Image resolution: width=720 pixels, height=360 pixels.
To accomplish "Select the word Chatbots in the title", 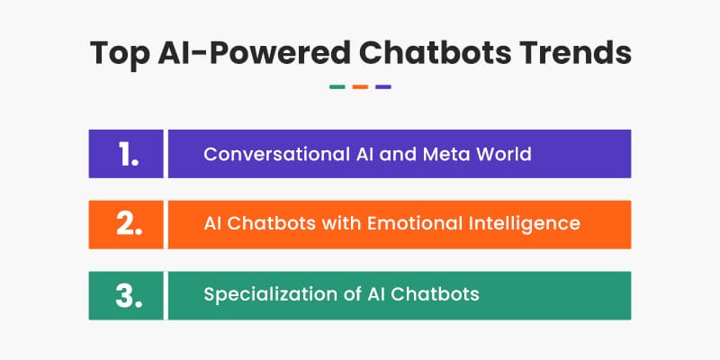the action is tap(435, 53).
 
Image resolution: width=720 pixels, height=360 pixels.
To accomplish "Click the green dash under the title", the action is tap(337, 86).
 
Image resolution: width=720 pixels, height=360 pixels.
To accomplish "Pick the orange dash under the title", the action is tap(360, 86).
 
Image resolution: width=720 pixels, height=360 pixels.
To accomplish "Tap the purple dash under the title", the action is tap(383, 86).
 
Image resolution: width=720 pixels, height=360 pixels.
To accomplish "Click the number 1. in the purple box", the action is tap(128, 154).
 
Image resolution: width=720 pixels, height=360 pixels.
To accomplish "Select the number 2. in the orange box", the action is tap(129, 224).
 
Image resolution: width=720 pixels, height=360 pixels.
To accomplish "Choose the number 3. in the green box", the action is tap(129, 296).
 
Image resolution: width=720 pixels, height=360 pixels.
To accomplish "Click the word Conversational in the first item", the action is tap(277, 154).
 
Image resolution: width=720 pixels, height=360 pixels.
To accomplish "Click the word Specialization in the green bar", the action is tap(271, 295).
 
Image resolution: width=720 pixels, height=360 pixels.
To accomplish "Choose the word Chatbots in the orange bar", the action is tap(272, 223).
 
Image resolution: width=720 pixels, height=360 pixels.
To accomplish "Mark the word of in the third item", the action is tap(352, 294).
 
